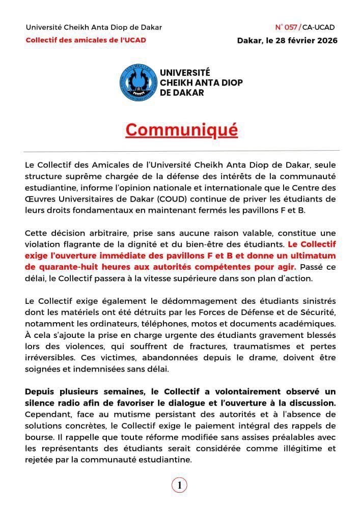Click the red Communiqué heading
pos(181,130)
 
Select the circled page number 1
pos(179,486)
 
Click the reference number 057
pos(291,27)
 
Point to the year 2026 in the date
pos(324,40)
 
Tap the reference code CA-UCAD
pos(319,27)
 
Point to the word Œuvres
pos(40,197)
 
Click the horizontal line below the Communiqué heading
pos(181,151)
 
